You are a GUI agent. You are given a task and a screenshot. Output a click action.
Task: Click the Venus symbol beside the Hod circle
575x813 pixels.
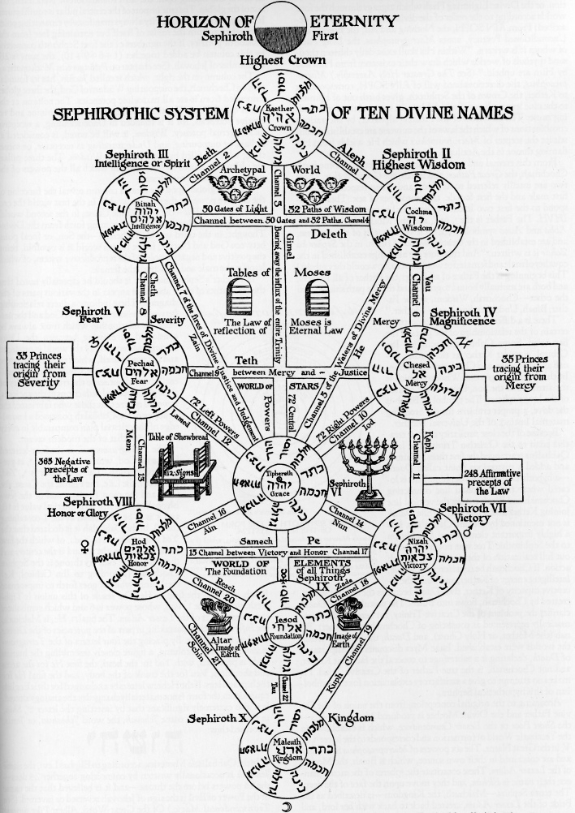click(81, 547)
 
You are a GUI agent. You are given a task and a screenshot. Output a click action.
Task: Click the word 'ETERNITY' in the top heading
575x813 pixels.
click(353, 20)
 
